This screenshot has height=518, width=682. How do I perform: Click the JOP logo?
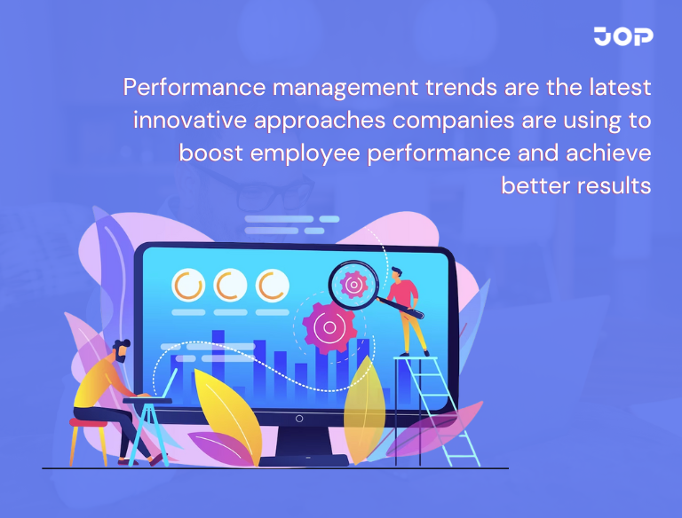click(x=623, y=36)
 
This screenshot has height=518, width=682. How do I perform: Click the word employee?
click(x=304, y=153)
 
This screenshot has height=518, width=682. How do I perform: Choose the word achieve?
click(x=612, y=153)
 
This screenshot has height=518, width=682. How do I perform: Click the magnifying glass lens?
click(x=353, y=285)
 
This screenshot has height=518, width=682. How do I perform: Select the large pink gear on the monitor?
click(x=329, y=327)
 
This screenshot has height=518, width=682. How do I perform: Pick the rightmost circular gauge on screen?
click(x=273, y=286)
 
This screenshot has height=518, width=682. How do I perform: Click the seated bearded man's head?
click(x=121, y=349)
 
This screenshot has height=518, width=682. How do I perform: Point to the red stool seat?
click(x=88, y=423)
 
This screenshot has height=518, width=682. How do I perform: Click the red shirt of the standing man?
click(x=405, y=293)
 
